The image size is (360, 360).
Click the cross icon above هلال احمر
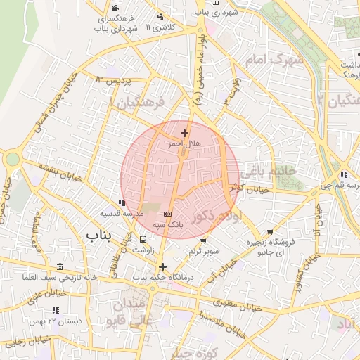[184, 132]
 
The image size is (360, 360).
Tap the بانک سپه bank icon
[167, 214]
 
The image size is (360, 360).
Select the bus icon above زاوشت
[144, 239]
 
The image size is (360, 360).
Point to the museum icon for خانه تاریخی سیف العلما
[60, 266]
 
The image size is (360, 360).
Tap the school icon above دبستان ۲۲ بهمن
[56, 310]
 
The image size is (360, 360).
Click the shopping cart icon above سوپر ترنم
[203, 240]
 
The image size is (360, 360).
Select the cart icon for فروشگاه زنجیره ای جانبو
[270, 232]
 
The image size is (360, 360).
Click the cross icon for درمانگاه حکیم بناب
[163, 266]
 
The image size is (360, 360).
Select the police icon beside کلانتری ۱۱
[161, 16]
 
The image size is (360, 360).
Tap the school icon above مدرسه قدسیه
[122, 202]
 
